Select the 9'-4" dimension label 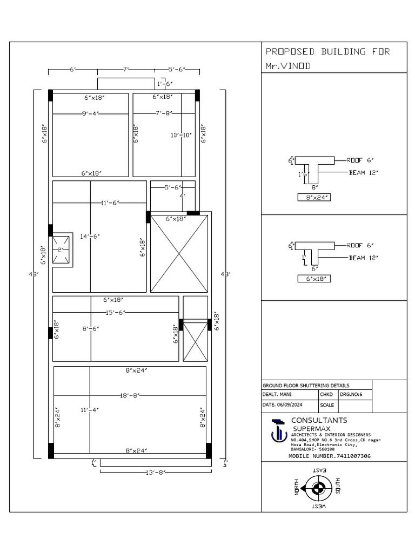(90, 113)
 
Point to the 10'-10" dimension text (182, 135)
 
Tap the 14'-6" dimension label (90, 236)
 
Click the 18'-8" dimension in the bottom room (129, 395)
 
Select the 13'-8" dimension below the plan (155, 472)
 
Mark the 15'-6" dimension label (116, 313)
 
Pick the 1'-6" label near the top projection (164, 84)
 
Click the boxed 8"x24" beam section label (314, 198)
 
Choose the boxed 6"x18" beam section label (314, 279)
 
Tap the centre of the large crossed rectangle (179, 254)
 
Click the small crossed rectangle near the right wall (195, 342)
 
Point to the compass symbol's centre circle (319, 489)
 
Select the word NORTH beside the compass (297, 489)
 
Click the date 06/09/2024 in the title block (290, 404)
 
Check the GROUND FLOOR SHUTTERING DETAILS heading (305, 386)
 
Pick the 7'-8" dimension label (164, 113)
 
